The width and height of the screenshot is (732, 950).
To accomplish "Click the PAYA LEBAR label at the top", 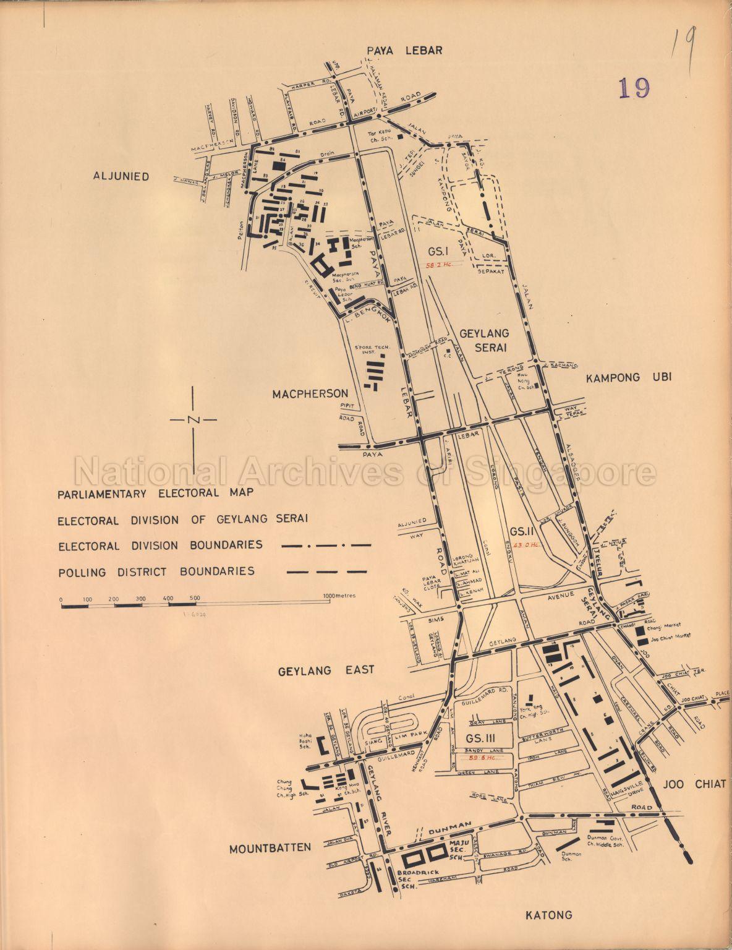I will pyautogui.click(x=405, y=51).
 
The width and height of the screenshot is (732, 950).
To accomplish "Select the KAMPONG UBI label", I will pyautogui.click(x=628, y=377).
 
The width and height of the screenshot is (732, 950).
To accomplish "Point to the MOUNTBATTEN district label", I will pyautogui.click(x=270, y=848).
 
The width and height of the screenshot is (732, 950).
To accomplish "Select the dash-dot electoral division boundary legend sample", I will pyautogui.click(x=326, y=546).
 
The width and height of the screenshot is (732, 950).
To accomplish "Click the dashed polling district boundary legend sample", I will pyautogui.click(x=326, y=571).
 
